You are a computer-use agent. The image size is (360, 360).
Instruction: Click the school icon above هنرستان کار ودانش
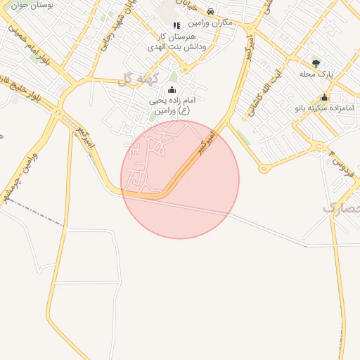coord(176,25)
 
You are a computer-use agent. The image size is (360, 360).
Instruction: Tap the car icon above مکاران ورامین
coord(211,12)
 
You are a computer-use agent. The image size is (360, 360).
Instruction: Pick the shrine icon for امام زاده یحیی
coord(172,91)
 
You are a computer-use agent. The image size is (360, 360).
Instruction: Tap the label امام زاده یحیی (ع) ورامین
coord(169,105)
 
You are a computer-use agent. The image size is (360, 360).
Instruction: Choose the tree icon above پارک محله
coord(315,63)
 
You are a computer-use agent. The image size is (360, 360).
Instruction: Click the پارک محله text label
coord(314,74)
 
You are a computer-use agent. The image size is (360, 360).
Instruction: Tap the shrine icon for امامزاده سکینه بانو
coord(324,98)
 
